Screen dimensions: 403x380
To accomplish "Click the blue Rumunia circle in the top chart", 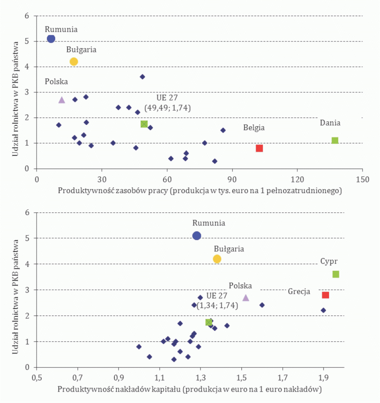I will tap(51, 39).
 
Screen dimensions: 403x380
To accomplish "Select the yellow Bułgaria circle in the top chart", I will tap(74, 62).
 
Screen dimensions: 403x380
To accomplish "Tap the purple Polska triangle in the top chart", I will tap(62, 100).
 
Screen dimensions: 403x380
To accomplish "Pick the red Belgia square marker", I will tap(260, 148).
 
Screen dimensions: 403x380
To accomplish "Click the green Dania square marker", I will tap(335, 141).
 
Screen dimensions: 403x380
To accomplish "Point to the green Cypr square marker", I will tap(336, 274).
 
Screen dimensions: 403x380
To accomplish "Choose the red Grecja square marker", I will tap(326, 295).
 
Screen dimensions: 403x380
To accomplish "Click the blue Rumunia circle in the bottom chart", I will tap(197, 236).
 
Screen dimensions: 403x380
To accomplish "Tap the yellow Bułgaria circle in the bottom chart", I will tap(217, 259).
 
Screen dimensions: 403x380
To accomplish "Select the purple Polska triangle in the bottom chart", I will tap(246, 298).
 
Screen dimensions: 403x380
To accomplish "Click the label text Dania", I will tap(330, 123).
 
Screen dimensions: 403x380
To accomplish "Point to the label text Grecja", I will tap(299, 292).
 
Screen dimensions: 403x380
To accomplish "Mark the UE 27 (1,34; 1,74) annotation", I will tap(217, 300).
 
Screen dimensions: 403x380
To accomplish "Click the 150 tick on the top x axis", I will tap(363, 179).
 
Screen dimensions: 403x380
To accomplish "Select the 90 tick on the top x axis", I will tap(232, 179).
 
